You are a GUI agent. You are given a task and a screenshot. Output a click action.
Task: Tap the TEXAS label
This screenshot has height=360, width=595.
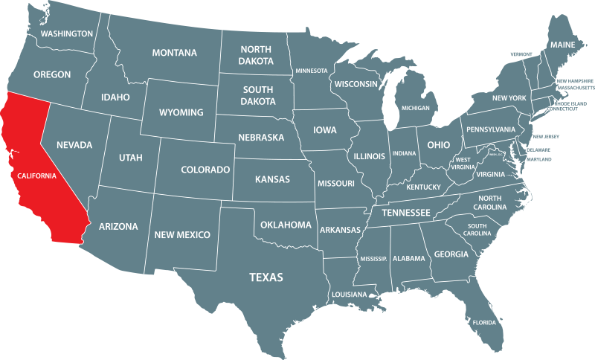(266, 277)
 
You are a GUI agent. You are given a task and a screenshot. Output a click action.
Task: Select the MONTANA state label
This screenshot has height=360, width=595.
(174, 53)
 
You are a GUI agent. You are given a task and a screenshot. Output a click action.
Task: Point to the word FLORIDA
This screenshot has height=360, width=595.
(484, 323)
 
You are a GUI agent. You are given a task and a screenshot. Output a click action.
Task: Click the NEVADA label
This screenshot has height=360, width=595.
(74, 144)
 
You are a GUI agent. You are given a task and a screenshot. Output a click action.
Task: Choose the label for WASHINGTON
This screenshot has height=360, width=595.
(67, 33)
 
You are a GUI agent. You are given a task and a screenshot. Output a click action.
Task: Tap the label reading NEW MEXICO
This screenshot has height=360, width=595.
(182, 235)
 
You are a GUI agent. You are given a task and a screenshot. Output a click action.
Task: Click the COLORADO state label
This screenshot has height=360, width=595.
(205, 170)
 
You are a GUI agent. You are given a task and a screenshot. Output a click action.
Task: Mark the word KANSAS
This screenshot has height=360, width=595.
(272, 180)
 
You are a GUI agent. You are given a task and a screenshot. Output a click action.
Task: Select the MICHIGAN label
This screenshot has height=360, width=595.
(416, 108)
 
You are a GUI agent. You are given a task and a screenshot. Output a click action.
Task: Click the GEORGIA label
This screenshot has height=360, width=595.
(451, 254)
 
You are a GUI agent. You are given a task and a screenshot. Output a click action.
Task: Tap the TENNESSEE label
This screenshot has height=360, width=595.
(406, 213)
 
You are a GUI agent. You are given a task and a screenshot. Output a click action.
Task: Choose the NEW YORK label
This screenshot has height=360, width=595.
(509, 98)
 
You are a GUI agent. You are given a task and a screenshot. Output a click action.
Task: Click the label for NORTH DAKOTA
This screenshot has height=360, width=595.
(256, 55)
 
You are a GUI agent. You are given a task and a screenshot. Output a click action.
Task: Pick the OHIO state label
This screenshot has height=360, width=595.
(438, 144)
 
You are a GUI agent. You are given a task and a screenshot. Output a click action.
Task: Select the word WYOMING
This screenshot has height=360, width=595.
(181, 112)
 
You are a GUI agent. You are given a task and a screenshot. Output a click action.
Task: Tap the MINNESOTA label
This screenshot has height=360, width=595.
(312, 71)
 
